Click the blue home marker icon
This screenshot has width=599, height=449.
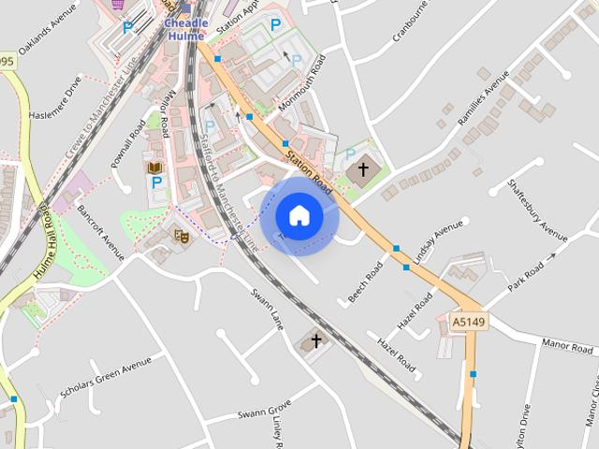click(299, 216)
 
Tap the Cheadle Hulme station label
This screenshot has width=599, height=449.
click(185, 29)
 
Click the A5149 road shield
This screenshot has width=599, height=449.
click(468, 322)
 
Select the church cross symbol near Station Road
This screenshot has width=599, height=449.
click(364, 169)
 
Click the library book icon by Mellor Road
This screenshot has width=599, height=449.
click(155, 167)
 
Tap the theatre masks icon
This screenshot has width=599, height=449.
click(182, 237)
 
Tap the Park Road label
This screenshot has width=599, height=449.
click(526, 278)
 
